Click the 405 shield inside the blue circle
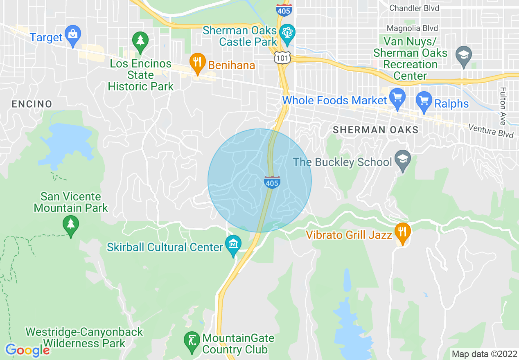272,182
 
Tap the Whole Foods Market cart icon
397,99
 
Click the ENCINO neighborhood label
32,104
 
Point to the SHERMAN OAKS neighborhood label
375,130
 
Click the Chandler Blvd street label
414,8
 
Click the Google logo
27,350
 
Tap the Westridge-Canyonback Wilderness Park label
84,337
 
